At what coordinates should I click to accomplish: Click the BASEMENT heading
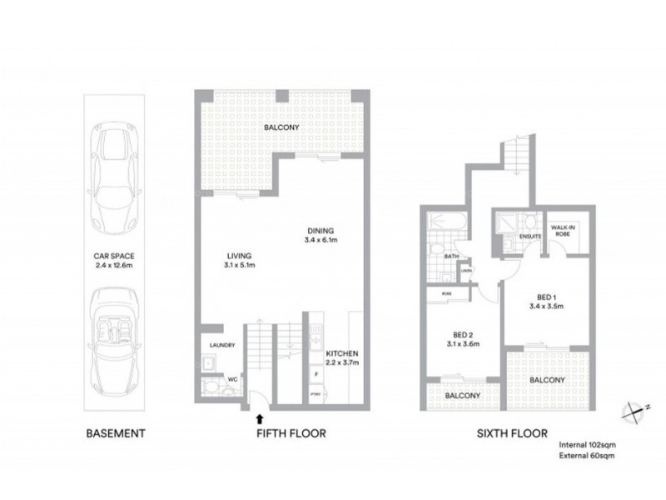pos(117,433)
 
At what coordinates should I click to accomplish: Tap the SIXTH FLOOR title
pos(513,433)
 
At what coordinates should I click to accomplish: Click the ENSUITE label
pos(530,237)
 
